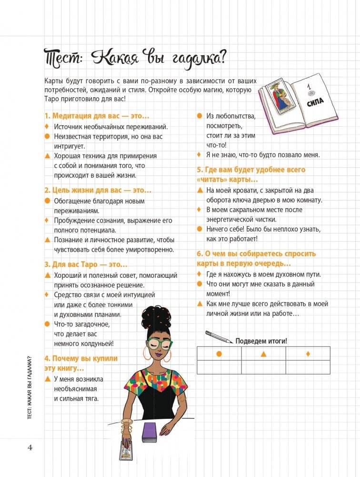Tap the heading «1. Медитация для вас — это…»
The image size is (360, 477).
[97, 116]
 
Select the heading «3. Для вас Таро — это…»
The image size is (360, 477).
[86, 264]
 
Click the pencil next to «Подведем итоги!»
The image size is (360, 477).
[219, 337]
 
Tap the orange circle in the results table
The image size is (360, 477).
[219, 354]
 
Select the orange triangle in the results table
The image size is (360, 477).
[263, 354]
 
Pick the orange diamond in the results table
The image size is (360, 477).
[308, 354]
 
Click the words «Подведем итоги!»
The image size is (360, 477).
[261, 341]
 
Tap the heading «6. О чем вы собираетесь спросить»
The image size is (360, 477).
[256, 254]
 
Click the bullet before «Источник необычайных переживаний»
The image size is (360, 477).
[47, 127]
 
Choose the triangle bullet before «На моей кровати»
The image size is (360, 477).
[200, 190]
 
